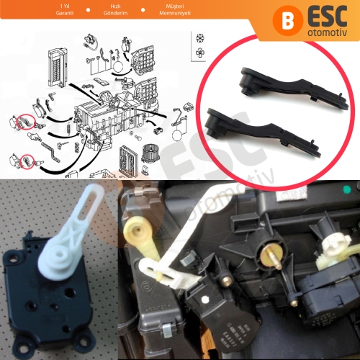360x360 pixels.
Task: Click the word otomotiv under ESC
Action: pos(325,33)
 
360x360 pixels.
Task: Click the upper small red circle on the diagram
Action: pos(26,119)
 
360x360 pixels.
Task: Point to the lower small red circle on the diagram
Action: pos(27,159)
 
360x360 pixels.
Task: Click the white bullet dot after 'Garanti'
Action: pos(88,11)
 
